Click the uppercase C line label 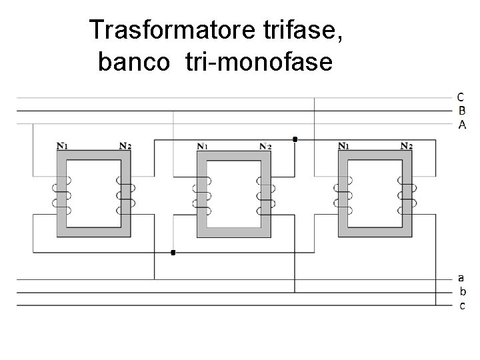click(x=461, y=97)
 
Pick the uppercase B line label click(x=461, y=111)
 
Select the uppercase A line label click(x=461, y=125)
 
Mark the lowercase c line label click(x=462, y=305)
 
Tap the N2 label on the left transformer click(x=125, y=145)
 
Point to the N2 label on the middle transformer click(x=265, y=146)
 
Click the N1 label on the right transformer click(x=344, y=145)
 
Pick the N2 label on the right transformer click(x=406, y=145)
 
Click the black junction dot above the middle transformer click(x=295, y=139)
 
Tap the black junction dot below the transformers click(x=173, y=253)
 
